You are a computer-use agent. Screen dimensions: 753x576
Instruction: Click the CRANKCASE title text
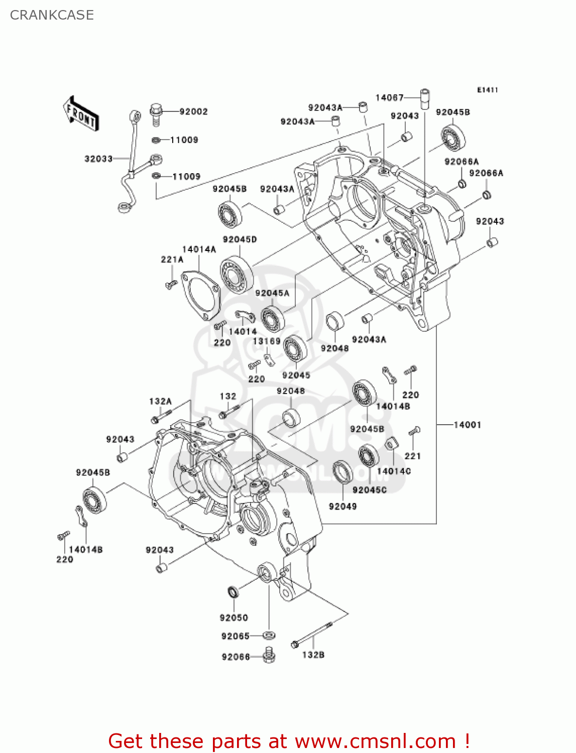(x=52, y=15)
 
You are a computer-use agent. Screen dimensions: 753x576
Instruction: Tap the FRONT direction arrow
(x=80, y=114)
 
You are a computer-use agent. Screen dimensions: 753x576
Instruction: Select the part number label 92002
(x=193, y=111)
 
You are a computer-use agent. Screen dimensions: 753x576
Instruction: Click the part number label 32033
(x=98, y=159)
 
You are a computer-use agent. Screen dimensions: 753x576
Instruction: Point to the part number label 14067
(x=389, y=97)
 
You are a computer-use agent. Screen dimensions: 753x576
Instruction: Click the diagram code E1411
(x=487, y=90)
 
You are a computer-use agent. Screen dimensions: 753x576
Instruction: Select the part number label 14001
(x=467, y=425)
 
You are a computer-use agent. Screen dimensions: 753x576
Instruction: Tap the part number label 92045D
(x=240, y=239)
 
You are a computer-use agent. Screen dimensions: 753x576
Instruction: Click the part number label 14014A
(x=199, y=249)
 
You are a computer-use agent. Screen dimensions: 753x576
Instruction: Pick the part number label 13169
(x=266, y=341)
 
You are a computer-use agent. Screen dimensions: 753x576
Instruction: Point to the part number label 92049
(x=342, y=506)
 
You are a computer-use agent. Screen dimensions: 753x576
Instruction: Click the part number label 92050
(x=234, y=617)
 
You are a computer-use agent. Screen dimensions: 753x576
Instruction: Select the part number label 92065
(x=235, y=636)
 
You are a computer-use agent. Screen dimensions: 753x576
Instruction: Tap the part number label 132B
(x=313, y=655)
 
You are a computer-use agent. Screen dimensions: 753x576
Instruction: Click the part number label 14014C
(x=394, y=471)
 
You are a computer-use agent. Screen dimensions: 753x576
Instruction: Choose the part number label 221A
(x=172, y=260)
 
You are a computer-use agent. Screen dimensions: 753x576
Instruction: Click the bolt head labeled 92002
(x=156, y=109)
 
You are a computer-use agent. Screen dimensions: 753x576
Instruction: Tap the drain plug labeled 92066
(x=269, y=655)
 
